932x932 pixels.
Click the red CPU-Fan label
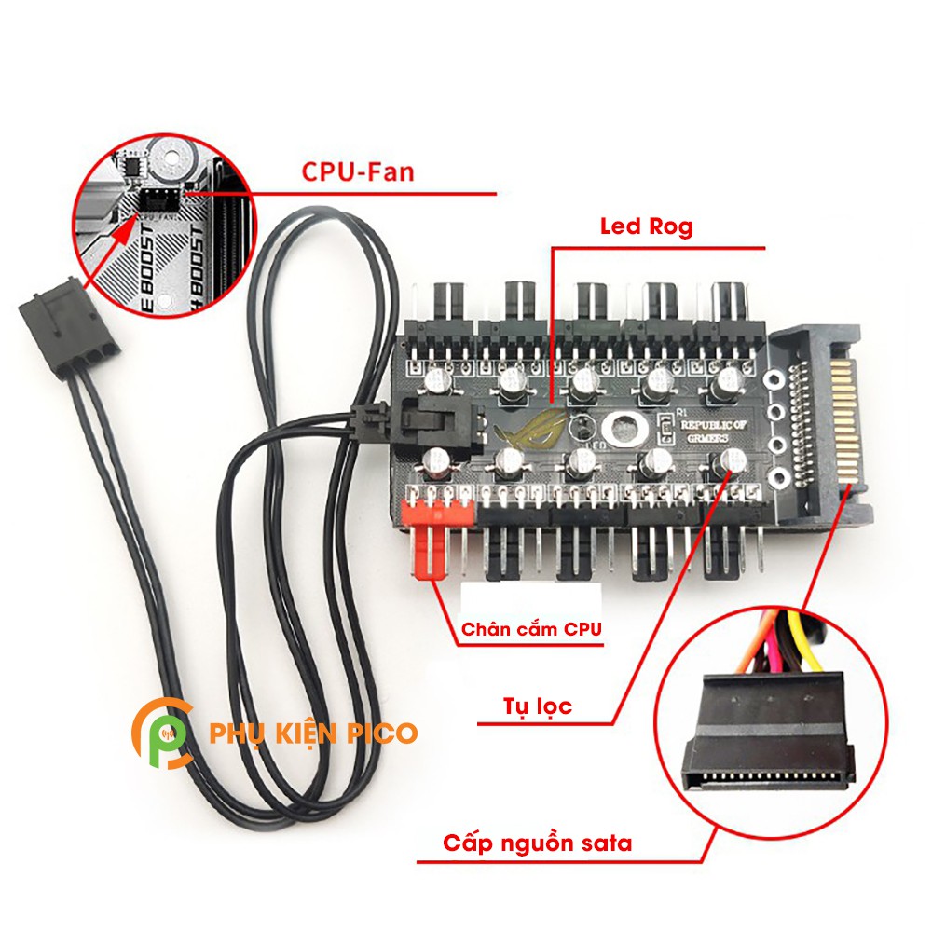pos(358,172)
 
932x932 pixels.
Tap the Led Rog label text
pos(646,226)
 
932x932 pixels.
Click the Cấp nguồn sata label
pos(538,843)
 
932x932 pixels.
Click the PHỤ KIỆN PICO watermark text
pos(314,733)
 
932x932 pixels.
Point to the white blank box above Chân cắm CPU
pos(531,596)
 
